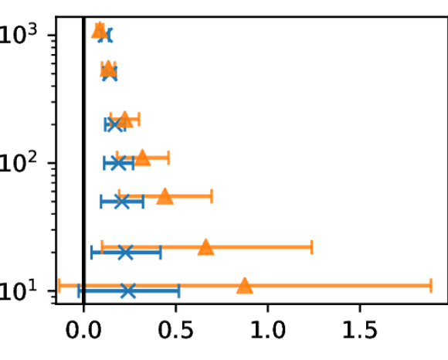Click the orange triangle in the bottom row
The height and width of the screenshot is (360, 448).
[244, 286]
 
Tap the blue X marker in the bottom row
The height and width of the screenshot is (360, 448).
[128, 290]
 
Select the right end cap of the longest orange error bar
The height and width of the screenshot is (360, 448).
[431, 286]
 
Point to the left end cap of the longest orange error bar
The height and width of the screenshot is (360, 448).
[59, 286]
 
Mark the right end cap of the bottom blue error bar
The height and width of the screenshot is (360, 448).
[178, 290]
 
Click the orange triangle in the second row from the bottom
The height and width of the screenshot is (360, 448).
[205, 247]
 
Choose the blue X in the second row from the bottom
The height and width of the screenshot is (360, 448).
[125, 252]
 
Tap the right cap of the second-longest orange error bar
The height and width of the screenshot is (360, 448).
[311, 247]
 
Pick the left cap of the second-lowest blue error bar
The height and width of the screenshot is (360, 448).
[92, 252]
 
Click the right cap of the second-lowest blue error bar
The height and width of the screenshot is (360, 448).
[160, 252]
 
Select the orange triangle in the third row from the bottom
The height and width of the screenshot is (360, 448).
[165, 196]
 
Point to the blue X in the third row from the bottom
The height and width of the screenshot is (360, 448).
[121, 202]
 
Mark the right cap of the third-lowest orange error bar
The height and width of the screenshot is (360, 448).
[212, 196]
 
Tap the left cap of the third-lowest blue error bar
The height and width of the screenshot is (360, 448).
[101, 202]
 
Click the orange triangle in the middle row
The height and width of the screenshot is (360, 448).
[142, 158]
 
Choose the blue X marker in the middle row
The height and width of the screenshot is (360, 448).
[118, 163]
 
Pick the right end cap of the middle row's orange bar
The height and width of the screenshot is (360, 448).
[168, 158]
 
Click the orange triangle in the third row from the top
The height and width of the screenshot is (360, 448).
[124, 120]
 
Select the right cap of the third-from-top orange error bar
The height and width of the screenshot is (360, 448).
[139, 120]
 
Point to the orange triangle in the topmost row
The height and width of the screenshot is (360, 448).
[99, 31]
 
